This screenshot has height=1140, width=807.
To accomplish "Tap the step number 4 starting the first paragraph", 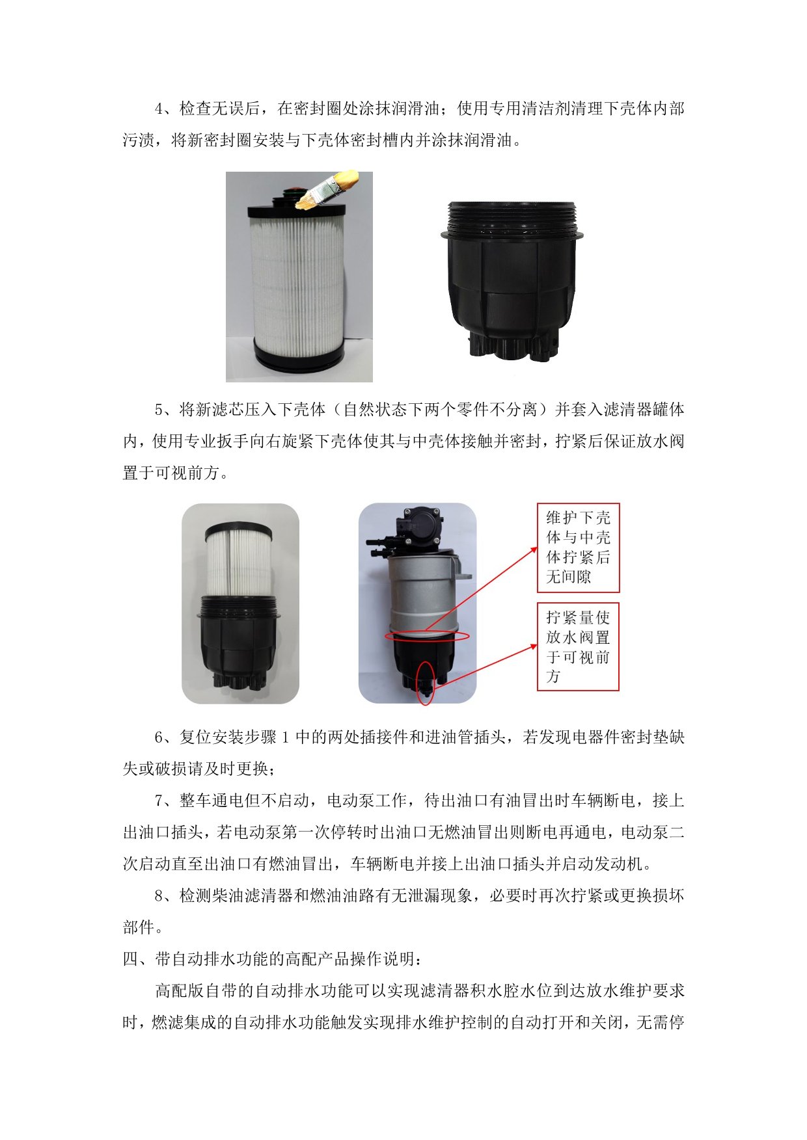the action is [x=159, y=109].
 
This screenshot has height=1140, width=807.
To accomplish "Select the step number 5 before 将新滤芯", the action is [x=159, y=410].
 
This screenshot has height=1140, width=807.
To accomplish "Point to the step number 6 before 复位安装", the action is [x=159, y=737].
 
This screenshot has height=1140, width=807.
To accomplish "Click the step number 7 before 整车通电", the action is [x=159, y=801].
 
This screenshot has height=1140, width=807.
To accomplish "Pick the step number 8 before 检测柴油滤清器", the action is [x=159, y=895].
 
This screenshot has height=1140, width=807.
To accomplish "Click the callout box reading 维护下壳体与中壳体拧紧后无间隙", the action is [x=578, y=548].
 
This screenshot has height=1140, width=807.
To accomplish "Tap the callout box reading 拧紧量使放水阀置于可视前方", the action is [x=578, y=646].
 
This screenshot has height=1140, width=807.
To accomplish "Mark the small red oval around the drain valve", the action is [x=426, y=683].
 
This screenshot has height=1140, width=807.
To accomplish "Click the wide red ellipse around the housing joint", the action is [x=427, y=636].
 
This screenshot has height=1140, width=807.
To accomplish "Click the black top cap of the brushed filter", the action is [x=296, y=208].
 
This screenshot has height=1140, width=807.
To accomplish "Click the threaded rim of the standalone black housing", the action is [x=512, y=218].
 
